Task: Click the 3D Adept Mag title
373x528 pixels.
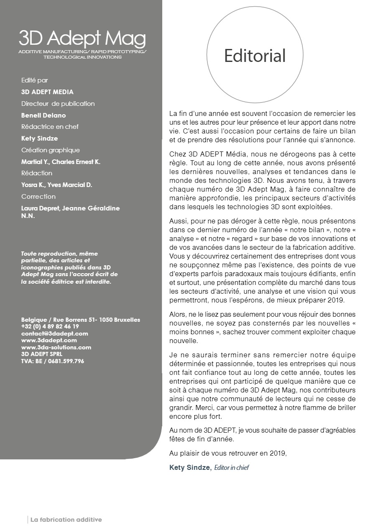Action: point(82,39)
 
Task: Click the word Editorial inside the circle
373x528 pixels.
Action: point(255,56)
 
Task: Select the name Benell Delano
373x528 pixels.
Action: point(43,115)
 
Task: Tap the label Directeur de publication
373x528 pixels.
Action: point(58,103)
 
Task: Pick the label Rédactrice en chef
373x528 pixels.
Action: point(50,126)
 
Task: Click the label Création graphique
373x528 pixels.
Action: point(51,150)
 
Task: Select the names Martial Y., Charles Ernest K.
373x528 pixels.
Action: point(61,161)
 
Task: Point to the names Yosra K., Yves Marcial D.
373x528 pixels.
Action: point(57,185)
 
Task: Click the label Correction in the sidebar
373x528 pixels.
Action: point(38,196)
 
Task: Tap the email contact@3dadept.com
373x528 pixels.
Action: point(55,333)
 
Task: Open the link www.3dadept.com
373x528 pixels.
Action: point(49,340)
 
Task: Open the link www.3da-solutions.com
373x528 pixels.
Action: point(56,347)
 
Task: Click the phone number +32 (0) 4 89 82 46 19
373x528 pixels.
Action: point(50,326)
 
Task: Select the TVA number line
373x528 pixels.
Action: point(53,361)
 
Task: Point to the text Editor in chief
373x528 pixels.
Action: point(231,468)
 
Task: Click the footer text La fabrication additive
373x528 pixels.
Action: point(66,520)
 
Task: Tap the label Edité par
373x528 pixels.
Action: point(34,80)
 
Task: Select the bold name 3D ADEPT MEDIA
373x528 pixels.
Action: point(47,92)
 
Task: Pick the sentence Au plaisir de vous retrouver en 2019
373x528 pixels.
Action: point(228,453)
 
